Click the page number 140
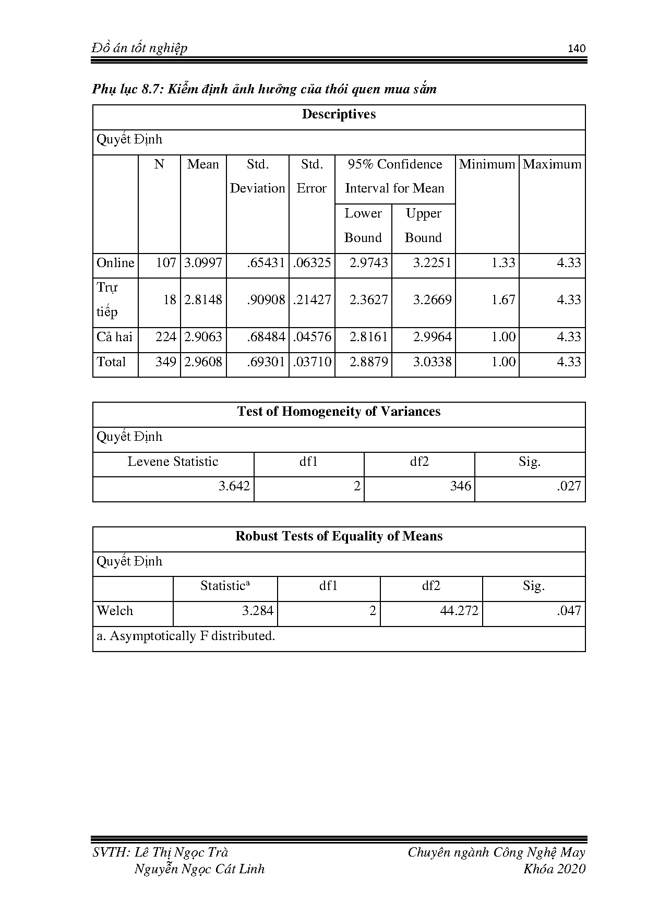[577, 49]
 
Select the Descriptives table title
[339, 114]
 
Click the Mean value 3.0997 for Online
[203, 263]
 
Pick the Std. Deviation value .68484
[266, 337]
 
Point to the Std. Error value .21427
[312, 300]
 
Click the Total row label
[111, 362]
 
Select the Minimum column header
[487, 164]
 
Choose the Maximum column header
[552, 164]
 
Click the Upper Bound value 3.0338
[432, 362]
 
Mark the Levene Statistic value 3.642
[234, 486]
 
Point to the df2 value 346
[461, 486]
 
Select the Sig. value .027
[569, 486]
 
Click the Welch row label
[115, 611]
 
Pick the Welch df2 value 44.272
[459, 611]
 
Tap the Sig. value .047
[569, 611]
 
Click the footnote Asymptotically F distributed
[186, 636]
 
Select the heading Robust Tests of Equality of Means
[339, 536]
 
